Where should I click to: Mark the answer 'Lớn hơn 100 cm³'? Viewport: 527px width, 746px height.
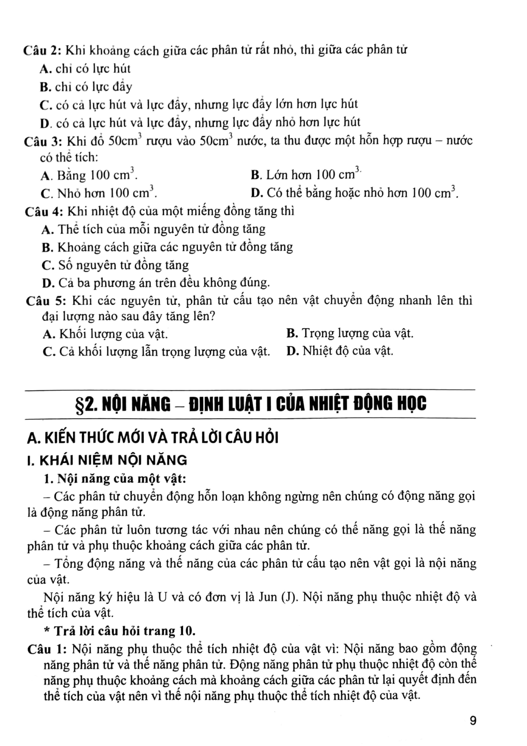coord(306,175)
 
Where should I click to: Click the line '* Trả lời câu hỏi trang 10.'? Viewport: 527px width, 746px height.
coord(120,631)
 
